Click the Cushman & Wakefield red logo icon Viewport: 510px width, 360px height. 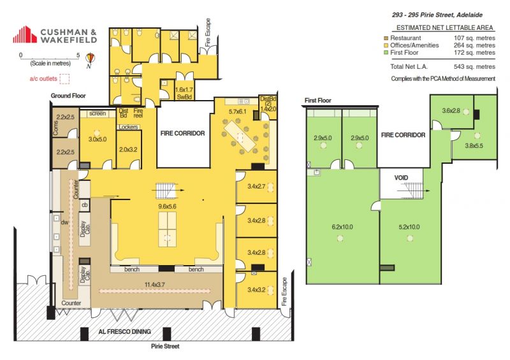pyautogui.click(x=25, y=34)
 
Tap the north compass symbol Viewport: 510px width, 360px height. pyautogui.click(x=90, y=60)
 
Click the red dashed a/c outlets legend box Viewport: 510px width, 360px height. pyautogui.click(x=64, y=79)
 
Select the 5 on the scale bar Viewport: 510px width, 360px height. pyautogui.click(x=78, y=55)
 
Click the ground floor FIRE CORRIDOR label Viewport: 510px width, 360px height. pyautogui.click(x=182, y=133)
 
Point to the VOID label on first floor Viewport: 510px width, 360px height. pyautogui.click(x=401, y=178)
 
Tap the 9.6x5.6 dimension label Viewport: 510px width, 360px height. pyautogui.click(x=167, y=206)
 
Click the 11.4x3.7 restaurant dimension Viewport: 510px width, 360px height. pyautogui.click(x=155, y=285)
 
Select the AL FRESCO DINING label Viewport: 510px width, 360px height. pyautogui.click(x=125, y=332)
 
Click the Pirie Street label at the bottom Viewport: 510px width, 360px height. pyautogui.click(x=165, y=347)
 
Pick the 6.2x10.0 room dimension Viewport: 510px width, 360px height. pyautogui.click(x=342, y=227)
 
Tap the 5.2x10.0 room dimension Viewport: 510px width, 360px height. pyautogui.click(x=409, y=227)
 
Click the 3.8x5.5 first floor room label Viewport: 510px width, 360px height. pyautogui.click(x=474, y=146)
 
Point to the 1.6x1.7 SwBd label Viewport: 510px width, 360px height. pyautogui.click(x=184, y=93)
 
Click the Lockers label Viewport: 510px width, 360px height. pyautogui.click(x=129, y=127)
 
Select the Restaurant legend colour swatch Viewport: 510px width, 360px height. pyautogui.click(x=386, y=38)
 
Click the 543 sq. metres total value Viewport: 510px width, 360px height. pyautogui.click(x=474, y=67)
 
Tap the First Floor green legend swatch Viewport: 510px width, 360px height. pyautogui.click(x=386, y=52)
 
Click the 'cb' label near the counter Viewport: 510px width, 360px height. pyautogui.click(x=85, y=205)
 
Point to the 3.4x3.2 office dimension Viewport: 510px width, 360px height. pyautogui.click(x=256, y=290)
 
